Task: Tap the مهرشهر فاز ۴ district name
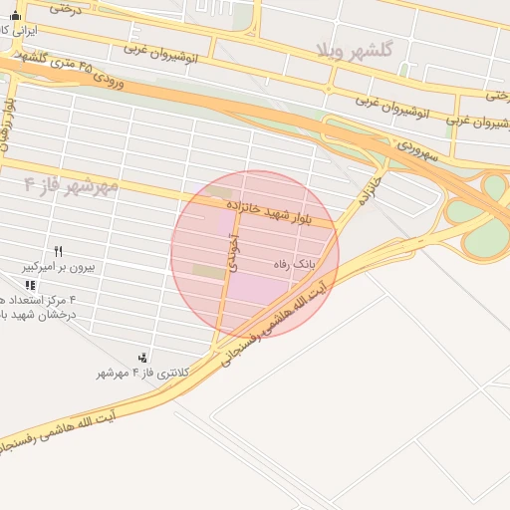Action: pos(72,184)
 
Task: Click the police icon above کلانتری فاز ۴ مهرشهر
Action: pos(144,358)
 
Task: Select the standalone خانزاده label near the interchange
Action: pos(370,188)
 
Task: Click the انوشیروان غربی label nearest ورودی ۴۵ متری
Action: pos(162,53)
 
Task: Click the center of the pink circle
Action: pos(255,254)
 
